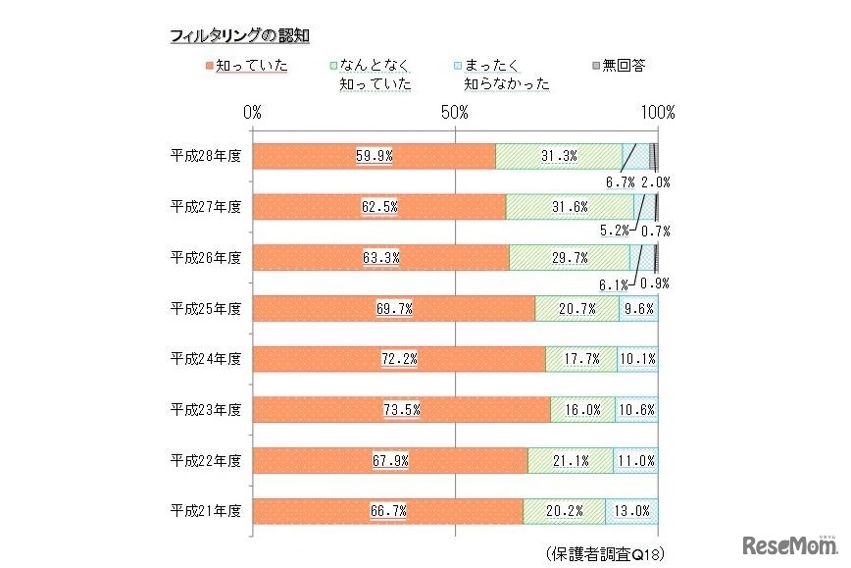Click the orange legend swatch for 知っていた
pos(209,67)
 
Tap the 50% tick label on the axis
pos(456,113)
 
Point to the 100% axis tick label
pos(657,113)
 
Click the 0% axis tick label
pos(253,113)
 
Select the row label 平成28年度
pos(205,156)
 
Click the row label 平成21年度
pos(205,511)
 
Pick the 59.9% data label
pos(375,156)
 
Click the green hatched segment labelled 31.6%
pos(569,206)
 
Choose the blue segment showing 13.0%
pos(632,511)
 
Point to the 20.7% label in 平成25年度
pos(576,308)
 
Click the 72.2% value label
pos(399,359)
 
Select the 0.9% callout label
pos(654,284)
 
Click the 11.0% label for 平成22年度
pos(635,460)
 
